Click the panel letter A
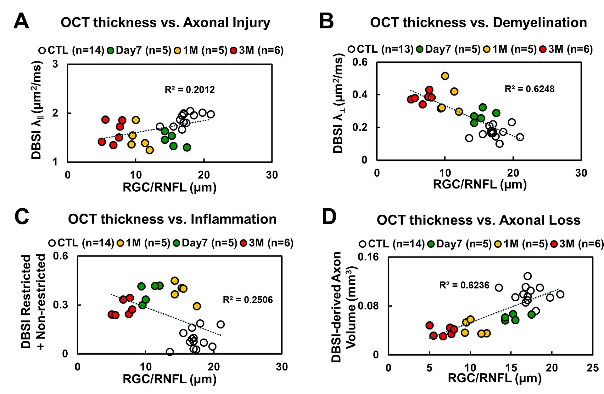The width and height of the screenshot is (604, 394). pyautogui.click(x=21, y=21)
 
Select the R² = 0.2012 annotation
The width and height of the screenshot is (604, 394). pyautogui.click(x=190, y=90)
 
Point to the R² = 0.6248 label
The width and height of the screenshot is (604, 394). pyautogui.click(x=529, y=89)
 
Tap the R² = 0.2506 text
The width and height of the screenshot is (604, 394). pyautogui.click(x=248, y=299)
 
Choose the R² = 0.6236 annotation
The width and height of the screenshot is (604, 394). pyautogui.click(x=464, y=285)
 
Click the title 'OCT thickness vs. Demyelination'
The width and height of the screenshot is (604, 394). pyautogui.click(x=478, y=23)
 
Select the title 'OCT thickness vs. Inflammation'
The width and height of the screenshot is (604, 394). pyautogui.click(x=172, y=219)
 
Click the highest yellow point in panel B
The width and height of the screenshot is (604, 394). pyautogui.click(x=445, y=76)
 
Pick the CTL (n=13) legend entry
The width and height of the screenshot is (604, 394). pyautogui.click(x=380, y=49)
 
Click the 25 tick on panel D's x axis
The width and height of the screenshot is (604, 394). pyautogui.click(x=592, y=368)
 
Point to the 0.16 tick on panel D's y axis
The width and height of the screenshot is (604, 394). pyautogui.click(x=368, y=257)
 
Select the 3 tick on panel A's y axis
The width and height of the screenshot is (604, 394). pyautogui.click(x=55, y=64)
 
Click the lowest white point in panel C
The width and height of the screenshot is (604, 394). pyautogui.click(x=170, y=352)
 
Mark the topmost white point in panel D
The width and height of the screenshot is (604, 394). pyautogui.click(x=528, y=276)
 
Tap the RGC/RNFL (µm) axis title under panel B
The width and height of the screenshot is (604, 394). pyautogui.click(x=479, y=184)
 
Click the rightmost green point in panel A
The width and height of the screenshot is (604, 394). pyautogui.click(x=187, y=147)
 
